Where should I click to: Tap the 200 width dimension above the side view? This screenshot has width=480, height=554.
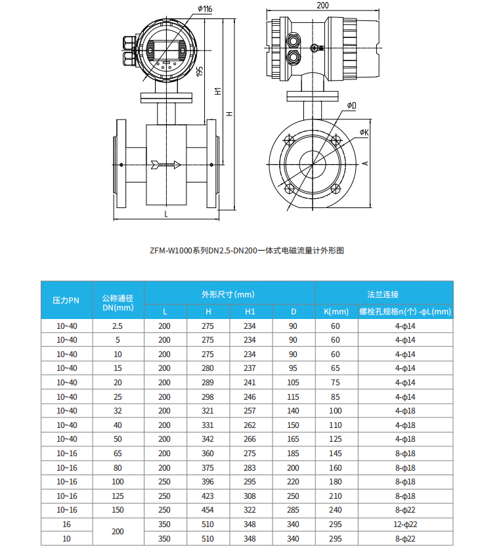[322, 5]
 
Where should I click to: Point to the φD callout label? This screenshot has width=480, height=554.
[352, 105]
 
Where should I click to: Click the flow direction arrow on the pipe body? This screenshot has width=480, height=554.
[165, 165]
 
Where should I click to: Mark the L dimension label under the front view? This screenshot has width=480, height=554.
[165, 214]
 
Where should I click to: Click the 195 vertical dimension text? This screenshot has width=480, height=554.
[200, 70]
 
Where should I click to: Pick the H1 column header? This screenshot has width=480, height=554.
[250, 311]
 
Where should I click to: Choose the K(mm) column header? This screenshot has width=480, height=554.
[336, 311]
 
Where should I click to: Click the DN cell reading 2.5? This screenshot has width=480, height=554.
[118, 326]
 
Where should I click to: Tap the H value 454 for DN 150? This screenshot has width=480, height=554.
[207, 510]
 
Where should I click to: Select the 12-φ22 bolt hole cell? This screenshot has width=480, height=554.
[405, 524]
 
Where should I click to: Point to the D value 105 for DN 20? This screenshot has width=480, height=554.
[293, 382]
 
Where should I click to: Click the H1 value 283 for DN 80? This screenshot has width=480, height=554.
[250, 467]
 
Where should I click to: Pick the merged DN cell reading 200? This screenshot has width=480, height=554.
[118, 532]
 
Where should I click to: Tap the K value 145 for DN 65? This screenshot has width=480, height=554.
[336, 454]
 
